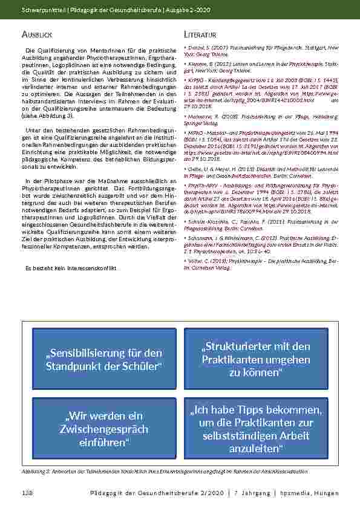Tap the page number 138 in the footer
pyautogui.click(x=27, y=493)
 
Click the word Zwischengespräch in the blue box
pyautogui.click(x=96, y=429)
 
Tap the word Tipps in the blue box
pyautogui.click(x=249, y=410)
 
